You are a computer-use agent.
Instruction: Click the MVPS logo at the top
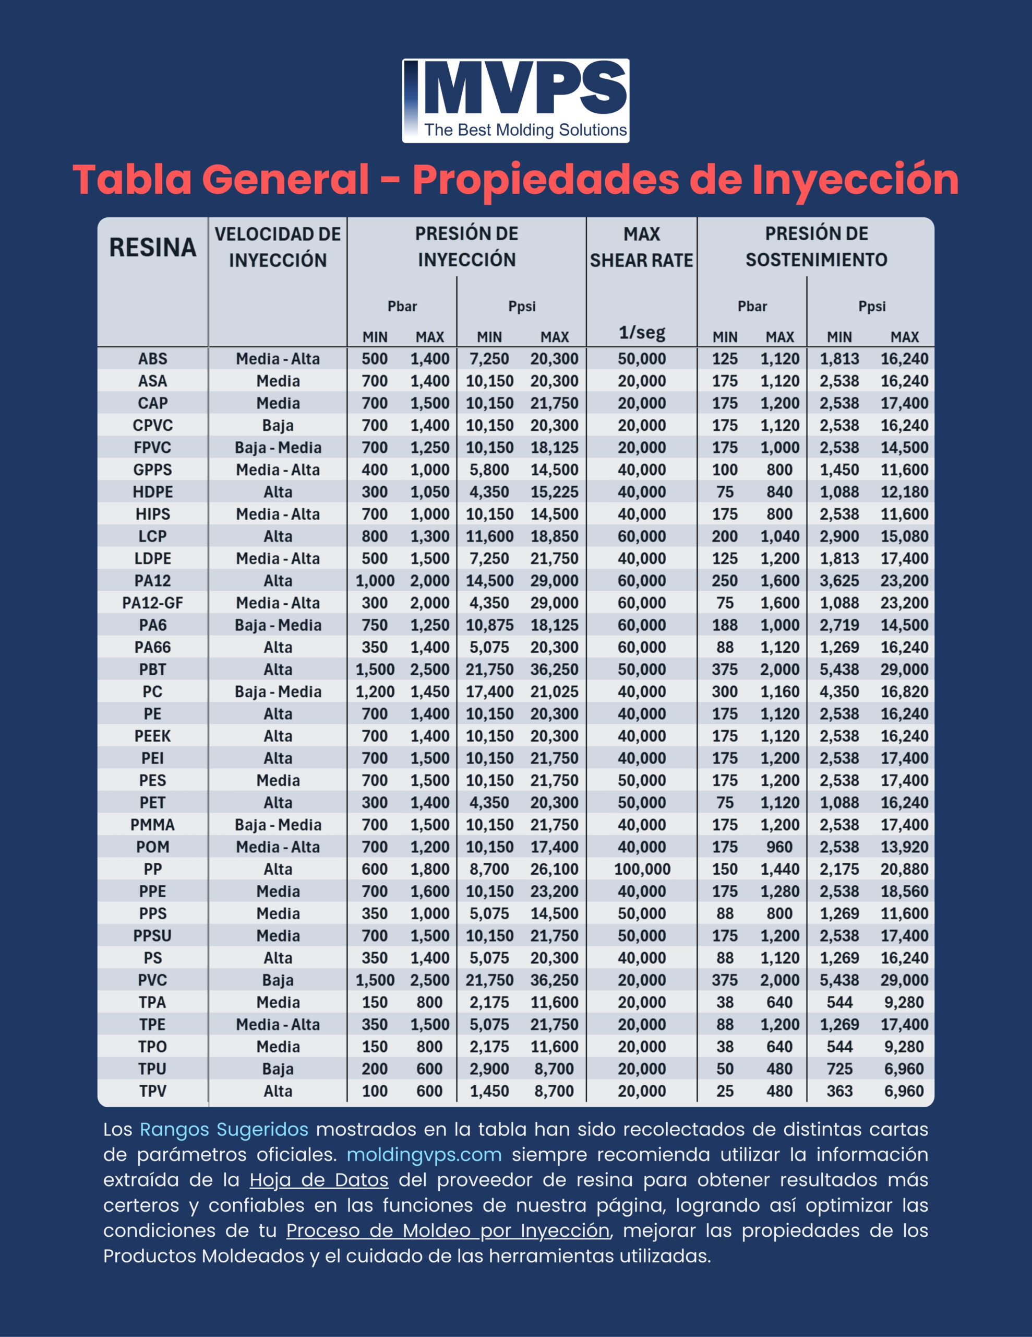coord(515,100)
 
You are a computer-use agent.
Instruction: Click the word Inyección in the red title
coord(855,180)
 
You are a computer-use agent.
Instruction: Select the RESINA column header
coord(153,248)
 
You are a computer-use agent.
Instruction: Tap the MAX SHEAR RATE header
coord(642,247)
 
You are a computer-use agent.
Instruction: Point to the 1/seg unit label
coord(642,332)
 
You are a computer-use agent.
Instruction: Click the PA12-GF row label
coord(153,603)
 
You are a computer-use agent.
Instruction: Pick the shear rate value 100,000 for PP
coord(642,869)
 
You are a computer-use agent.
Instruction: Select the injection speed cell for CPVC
coord(278,426)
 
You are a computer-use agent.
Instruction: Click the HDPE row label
coord(153,492)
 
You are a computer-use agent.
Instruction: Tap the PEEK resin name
coord(153,736)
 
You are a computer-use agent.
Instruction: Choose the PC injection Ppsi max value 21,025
coord(554,692)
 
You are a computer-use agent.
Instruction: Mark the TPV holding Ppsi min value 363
coord(839,1091)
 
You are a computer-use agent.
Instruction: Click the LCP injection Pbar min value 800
coord(375,536)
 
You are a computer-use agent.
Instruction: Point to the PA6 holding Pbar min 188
coord(725,625)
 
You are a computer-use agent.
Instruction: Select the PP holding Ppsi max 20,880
coord(905,869)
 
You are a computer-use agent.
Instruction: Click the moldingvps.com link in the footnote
coord(424,1155)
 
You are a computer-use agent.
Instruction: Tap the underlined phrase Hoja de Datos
coord(319,1180)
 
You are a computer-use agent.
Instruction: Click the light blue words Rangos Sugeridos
coord(224,1130)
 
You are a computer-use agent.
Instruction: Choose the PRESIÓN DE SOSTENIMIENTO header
coord(816,247)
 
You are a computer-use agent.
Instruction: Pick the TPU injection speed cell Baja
coord(278,1069)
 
